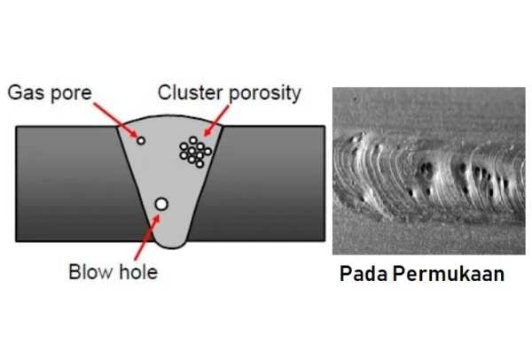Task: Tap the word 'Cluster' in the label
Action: [x=189, y=93]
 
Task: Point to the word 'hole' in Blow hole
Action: [x=138, y=271]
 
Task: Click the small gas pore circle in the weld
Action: [x=140, y=140]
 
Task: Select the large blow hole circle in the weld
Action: [x=160, y=205]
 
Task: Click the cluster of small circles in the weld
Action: [x=194, y=152]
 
